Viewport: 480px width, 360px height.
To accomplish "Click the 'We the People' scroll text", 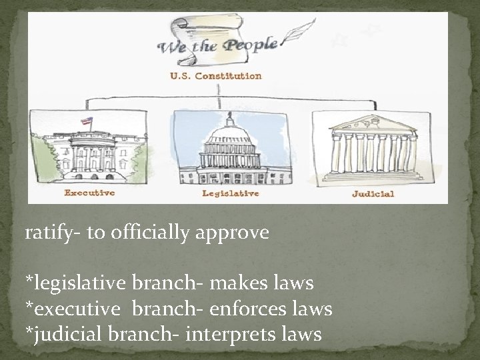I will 217,46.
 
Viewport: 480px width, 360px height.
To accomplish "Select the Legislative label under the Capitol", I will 231,194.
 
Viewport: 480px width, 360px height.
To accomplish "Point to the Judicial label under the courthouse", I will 373,194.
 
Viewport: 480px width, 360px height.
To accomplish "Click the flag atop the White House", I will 87,122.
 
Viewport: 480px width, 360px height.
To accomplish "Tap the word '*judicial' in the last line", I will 61,334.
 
